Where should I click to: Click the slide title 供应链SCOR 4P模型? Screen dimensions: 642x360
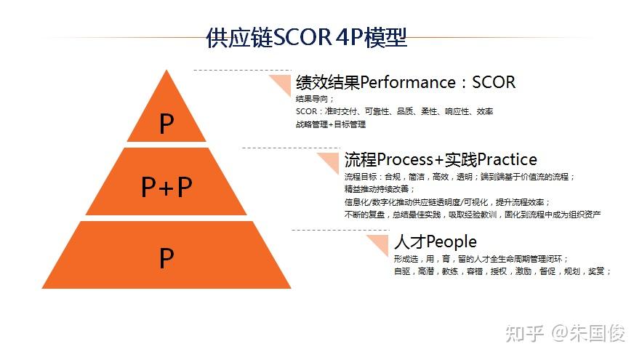click(x=306, y=38)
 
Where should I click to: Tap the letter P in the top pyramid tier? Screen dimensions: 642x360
click(x=166, y=124)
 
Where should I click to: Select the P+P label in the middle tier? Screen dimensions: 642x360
click(x=166, y=187)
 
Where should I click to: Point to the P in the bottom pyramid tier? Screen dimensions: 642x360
click(x=166, y=258)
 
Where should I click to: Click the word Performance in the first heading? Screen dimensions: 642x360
click(x=408, y=82)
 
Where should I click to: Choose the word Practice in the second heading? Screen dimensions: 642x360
click(x=507, y=159)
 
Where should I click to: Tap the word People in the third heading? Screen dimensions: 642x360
click(x=452, y=242)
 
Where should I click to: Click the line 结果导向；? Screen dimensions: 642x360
click(x=314, y=99)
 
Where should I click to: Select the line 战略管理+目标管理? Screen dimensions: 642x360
click(x=331, y=124)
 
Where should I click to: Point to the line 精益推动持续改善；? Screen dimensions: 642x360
click(x=380, y=189)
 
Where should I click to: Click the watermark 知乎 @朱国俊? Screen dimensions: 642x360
click(x=566, y=333)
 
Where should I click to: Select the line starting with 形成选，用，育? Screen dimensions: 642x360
click(x=481, y=259)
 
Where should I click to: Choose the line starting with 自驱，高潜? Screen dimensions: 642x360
click(x=502, y=271)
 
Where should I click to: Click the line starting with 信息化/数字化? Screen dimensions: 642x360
click(x=448, y=202)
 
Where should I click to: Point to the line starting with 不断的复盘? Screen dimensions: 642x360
click(x=473, y=215)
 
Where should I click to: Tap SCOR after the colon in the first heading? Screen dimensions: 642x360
click(x=494, y=82)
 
